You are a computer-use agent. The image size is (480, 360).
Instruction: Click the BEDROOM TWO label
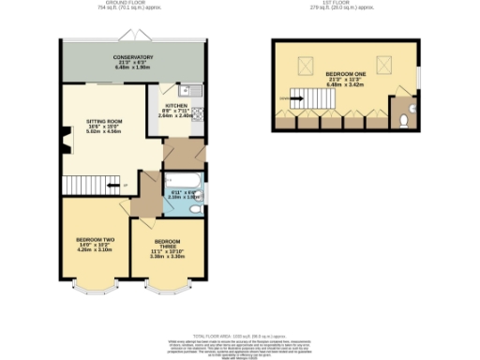pos(95,245)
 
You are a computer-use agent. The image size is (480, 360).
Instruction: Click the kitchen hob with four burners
pos(198,111)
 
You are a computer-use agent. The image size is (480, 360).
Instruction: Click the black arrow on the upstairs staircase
pos(285,96)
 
